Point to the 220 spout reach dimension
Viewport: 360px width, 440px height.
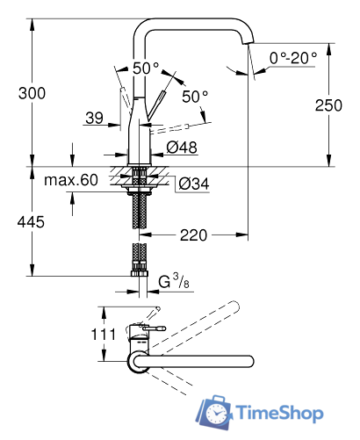coord(196,234)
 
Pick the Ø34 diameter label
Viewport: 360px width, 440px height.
coord(192,184)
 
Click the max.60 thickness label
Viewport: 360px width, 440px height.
coord(71,180)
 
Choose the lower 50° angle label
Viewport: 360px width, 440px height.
coord(195,96)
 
